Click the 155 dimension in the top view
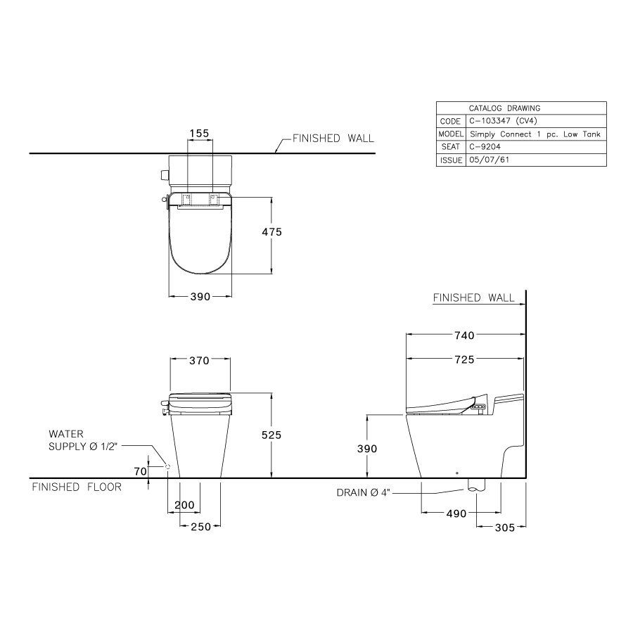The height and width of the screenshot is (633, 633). point(200,133)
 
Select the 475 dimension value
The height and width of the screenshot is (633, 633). point(271,232)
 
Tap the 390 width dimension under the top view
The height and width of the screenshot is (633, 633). point(200,297)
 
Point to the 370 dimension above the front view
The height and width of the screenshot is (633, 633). point(200,361)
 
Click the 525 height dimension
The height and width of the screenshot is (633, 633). point(271,435)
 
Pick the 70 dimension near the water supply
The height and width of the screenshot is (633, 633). point(141,471)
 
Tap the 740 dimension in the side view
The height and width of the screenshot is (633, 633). point(465,335)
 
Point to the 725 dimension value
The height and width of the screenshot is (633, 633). point(465,359)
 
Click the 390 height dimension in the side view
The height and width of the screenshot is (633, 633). point(366,448)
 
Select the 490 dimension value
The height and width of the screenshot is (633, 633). point(456,513)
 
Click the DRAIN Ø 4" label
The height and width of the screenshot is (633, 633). point(364,493)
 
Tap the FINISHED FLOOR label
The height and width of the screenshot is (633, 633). point(77,487)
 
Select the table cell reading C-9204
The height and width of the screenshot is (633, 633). point(535,147)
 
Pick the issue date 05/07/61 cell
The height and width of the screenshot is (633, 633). point(535,160)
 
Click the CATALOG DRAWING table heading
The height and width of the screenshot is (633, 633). point(504,108)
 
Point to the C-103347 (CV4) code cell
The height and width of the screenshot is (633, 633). point(535,121)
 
